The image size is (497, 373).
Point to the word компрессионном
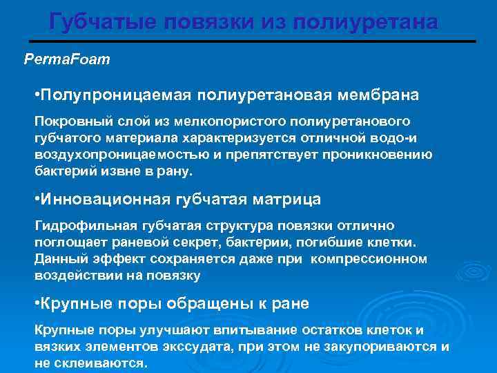[x=369, y=259]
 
